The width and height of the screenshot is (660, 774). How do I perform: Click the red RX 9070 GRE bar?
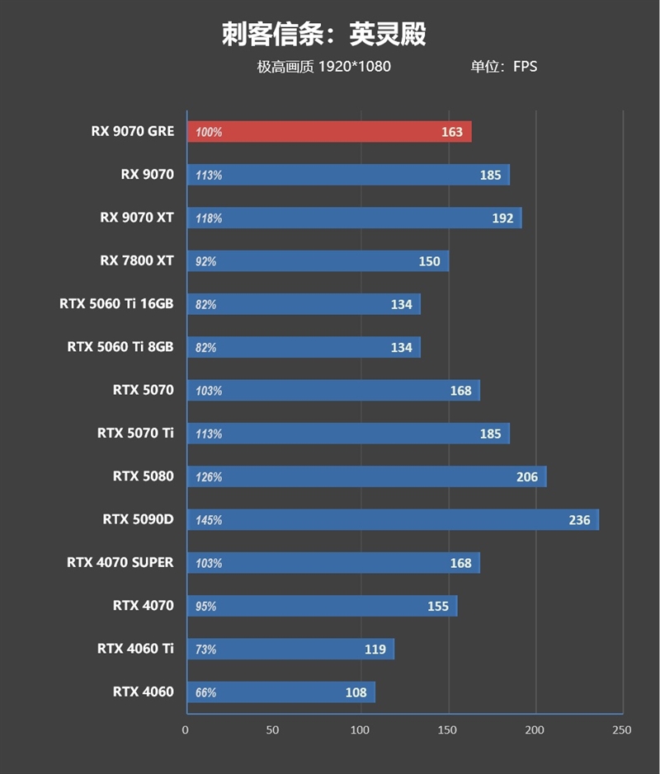click(329, 132)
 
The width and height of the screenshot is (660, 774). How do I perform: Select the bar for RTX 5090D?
click(393, 520)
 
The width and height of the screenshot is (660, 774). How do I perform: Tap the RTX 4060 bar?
click(280, 692)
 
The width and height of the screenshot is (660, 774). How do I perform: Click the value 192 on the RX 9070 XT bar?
click(502, 218)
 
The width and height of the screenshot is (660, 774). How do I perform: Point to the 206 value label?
click(526, 477)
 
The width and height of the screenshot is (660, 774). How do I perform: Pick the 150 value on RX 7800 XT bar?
click(429, 261)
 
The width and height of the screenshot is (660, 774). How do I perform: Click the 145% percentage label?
click(209, 521)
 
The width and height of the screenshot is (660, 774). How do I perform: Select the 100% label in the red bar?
click(209, 132)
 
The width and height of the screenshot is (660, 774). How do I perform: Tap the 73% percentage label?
click(206, 650)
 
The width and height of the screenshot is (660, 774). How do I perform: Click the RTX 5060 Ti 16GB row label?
click(116, 304)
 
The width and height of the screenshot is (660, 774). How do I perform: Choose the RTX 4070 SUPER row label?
click(120, 562)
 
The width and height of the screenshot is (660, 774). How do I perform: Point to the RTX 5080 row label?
click(144, 476)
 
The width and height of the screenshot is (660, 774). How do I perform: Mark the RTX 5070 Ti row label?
click(135, 433)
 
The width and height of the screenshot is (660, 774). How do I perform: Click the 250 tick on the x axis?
click(622, 730)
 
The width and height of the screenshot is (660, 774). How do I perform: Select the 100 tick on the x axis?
click(361, 730)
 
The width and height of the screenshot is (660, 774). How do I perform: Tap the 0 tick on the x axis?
click(186, 730)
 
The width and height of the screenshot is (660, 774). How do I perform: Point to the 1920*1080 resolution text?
click(354, 67)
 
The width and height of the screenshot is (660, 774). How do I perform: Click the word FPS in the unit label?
click(525, 67)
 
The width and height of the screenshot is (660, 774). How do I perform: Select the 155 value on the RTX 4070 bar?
click(438, 607)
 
